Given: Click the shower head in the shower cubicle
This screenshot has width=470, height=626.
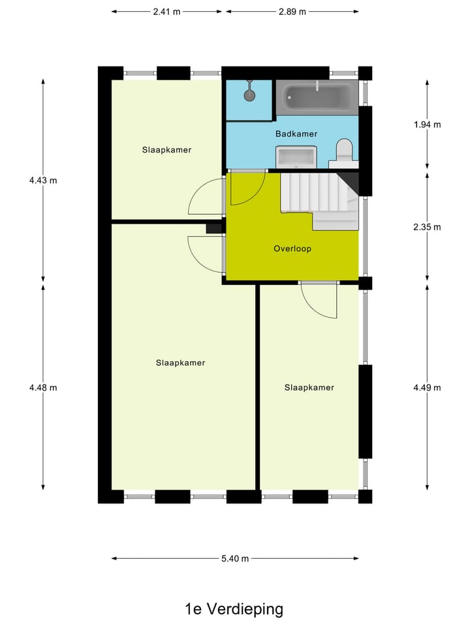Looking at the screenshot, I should coord(249,95).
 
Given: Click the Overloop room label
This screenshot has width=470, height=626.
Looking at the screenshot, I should coord(292,248).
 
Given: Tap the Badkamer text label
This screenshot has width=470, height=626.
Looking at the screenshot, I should coord(296,134).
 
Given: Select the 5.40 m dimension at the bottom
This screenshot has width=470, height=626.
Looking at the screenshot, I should coord(235,558).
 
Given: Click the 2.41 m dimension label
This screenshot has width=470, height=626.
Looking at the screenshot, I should coord(166,11).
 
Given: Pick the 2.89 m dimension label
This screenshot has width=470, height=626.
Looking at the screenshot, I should coord(292,11).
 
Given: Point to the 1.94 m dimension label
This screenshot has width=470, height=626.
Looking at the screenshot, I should coord(427,125).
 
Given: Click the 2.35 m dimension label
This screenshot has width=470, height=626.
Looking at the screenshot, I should coord(427,227).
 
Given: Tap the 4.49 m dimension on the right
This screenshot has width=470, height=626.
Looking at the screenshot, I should coord(427,387).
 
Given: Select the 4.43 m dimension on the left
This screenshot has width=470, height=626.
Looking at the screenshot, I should coord(43,181).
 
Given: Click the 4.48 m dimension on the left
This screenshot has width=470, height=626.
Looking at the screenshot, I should coord(43,387).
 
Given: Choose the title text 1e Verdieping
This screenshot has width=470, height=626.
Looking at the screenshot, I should coord(234,609).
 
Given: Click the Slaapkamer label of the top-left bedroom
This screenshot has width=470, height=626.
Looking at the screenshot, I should coord(166,149).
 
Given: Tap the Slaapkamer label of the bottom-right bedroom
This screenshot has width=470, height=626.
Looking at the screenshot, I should coord(309,387).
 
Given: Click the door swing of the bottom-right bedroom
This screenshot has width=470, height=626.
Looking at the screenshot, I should coord(320,301).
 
